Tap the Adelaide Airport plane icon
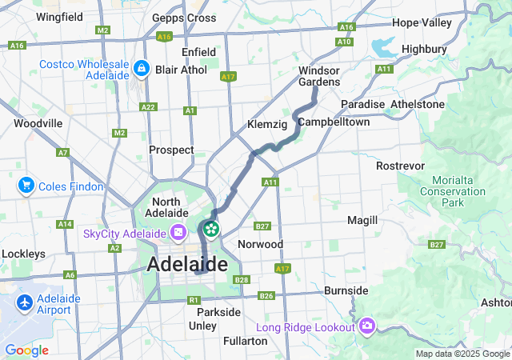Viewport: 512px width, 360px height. (x=25, y=303)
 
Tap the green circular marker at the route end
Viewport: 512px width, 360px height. (x=211, y=230)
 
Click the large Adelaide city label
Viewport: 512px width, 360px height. (x=186, y=264)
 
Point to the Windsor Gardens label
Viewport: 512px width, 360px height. (x=319, y=76)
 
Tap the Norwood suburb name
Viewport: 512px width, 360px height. (x=261, y=244)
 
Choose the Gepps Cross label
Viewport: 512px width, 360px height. (x=184, y=18)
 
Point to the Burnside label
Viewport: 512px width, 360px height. (x=346, y=290)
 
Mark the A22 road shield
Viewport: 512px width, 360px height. (x=148, y=106)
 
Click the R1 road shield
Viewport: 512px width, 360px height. (x=193, y=300)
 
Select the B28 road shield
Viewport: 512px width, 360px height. (x=242, y=279)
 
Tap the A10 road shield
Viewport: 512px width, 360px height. (x=344, y=42)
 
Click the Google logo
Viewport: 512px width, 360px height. (x=26, y=350)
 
